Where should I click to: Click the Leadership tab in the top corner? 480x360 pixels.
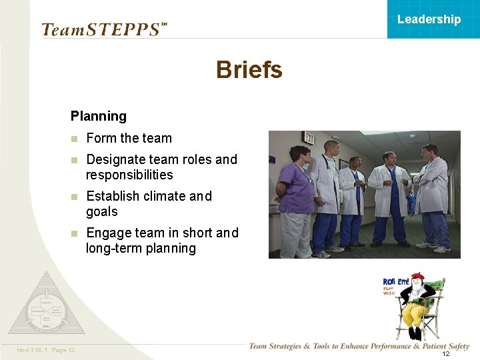[429, 19]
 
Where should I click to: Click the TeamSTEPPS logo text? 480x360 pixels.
[101, 30]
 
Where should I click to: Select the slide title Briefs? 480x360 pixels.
[249, 69]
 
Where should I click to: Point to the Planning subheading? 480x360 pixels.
[98, 116]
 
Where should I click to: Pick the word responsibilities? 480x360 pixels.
[129, 175]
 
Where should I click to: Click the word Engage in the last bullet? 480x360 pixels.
[108, 233]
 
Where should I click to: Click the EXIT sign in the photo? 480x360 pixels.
[308, 137]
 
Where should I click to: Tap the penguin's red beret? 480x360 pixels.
[418, 276]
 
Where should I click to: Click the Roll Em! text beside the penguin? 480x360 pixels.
[396, 282]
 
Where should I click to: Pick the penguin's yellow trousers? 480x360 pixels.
[417, 313]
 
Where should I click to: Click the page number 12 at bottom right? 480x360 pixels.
[446, 353]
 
